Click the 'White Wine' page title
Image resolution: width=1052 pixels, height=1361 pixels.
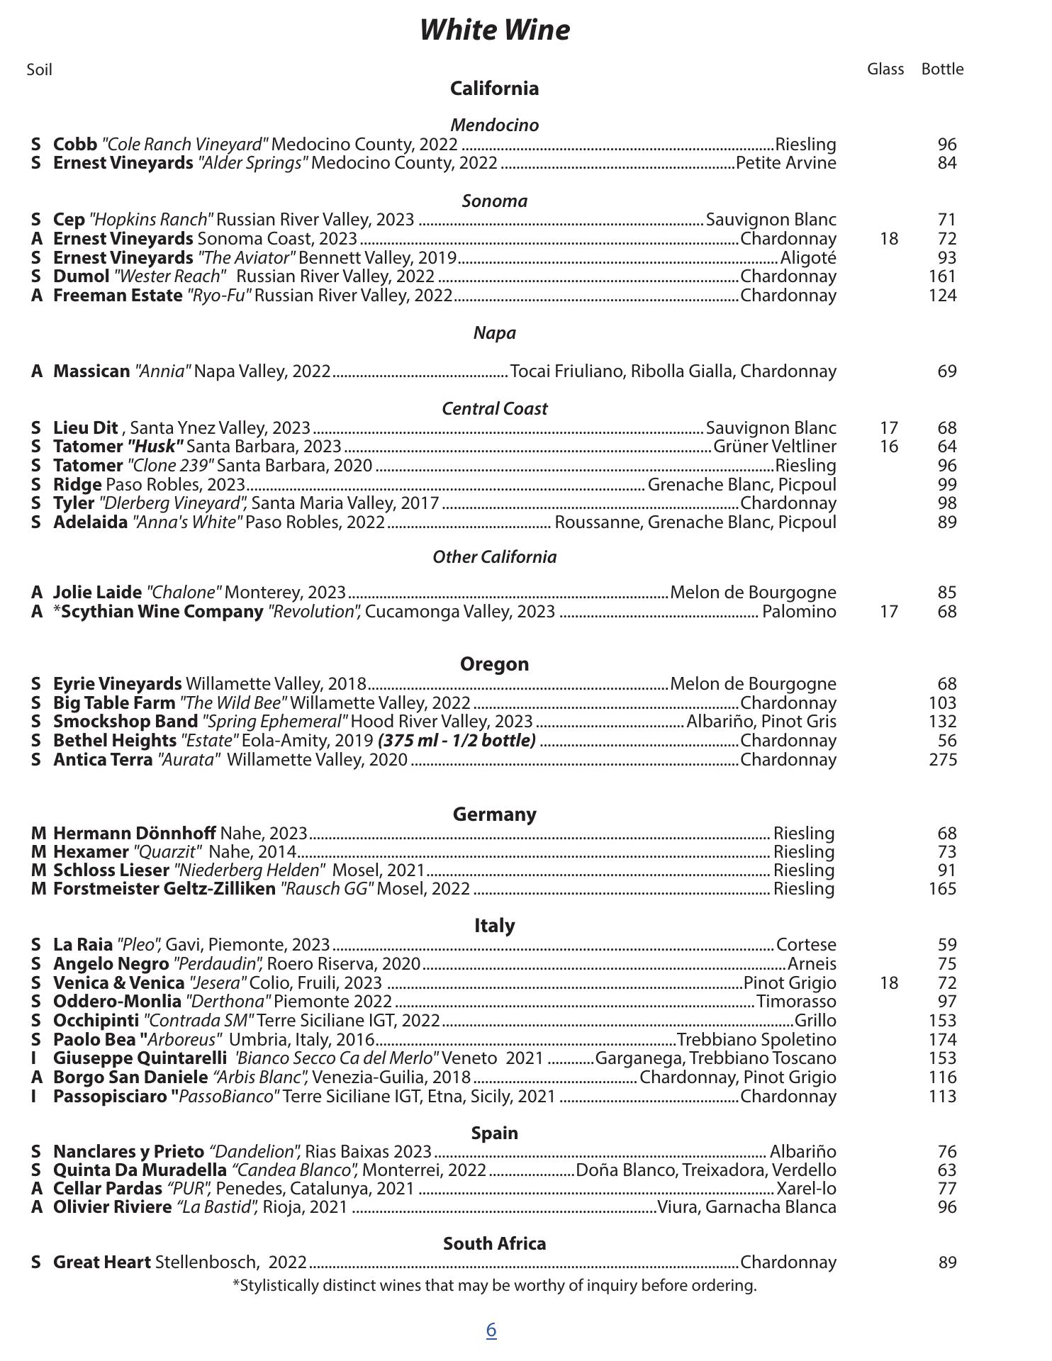494,30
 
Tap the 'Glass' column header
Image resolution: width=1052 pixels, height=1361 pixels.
885,69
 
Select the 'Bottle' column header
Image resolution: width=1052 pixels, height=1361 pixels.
942,69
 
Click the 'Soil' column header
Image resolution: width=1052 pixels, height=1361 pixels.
40,69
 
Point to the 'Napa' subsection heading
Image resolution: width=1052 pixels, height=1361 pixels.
494,333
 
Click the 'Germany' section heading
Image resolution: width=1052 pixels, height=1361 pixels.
494,814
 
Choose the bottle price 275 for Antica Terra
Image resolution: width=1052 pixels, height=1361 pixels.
942,760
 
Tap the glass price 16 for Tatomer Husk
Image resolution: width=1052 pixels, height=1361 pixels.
889,447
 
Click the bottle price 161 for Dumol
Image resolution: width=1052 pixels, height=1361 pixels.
942,276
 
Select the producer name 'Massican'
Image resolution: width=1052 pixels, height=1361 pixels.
91,371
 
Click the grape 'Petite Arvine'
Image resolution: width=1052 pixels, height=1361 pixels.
786,163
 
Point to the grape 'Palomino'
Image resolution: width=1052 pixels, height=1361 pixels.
799,612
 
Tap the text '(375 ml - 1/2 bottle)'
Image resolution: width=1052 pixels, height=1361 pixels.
457,741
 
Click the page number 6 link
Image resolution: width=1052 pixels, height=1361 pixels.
491,1330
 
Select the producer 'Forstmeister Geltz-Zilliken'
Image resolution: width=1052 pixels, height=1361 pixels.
164,889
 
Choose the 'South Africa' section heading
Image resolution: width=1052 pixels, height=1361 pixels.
494,1243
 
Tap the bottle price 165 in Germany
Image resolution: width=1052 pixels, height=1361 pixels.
942,889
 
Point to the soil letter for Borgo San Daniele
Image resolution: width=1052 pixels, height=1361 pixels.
37,1077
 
